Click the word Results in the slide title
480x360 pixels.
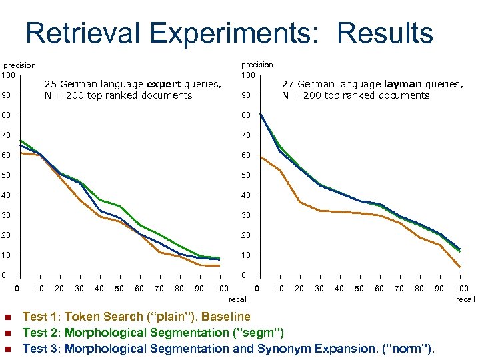385,33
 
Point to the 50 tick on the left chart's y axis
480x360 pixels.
7,175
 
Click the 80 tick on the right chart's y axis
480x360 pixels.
246,115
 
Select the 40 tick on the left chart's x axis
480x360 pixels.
99,288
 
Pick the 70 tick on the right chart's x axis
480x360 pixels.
399,288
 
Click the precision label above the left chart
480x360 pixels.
20,65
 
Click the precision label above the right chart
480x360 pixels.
257,65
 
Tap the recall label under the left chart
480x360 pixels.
238,299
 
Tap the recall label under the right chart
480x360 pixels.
465,299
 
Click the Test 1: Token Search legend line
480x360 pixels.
136,317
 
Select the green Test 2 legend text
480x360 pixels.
153,332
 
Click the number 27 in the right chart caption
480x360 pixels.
288,84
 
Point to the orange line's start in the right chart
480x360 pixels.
259,157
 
